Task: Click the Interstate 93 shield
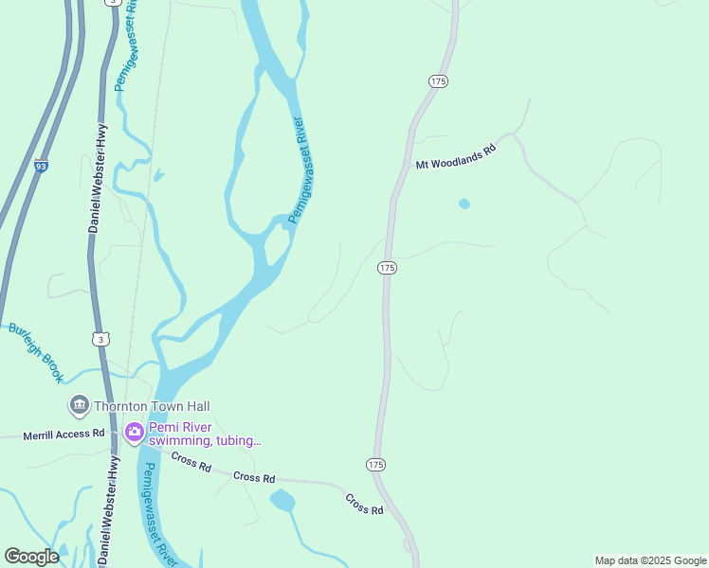pos(41,166)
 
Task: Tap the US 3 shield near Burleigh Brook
pos(100,338)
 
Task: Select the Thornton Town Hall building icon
pos(79,406)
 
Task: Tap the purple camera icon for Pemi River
pos(135,433)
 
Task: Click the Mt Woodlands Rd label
pos(456,157)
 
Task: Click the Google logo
pos(31,556)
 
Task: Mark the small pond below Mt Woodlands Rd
pos(464,204)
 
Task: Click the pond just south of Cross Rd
pos(282,500)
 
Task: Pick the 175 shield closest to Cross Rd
pos(376,464)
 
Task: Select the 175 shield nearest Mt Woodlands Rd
pos(437,82)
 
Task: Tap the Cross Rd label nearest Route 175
pos(364,504)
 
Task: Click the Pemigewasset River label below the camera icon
pos(155,511)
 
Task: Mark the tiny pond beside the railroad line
pos(157,175)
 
